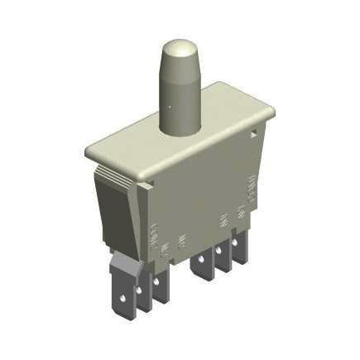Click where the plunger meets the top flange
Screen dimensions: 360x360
click(x=179, y=128)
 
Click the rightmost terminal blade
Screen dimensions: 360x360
click(x=240, y=248)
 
